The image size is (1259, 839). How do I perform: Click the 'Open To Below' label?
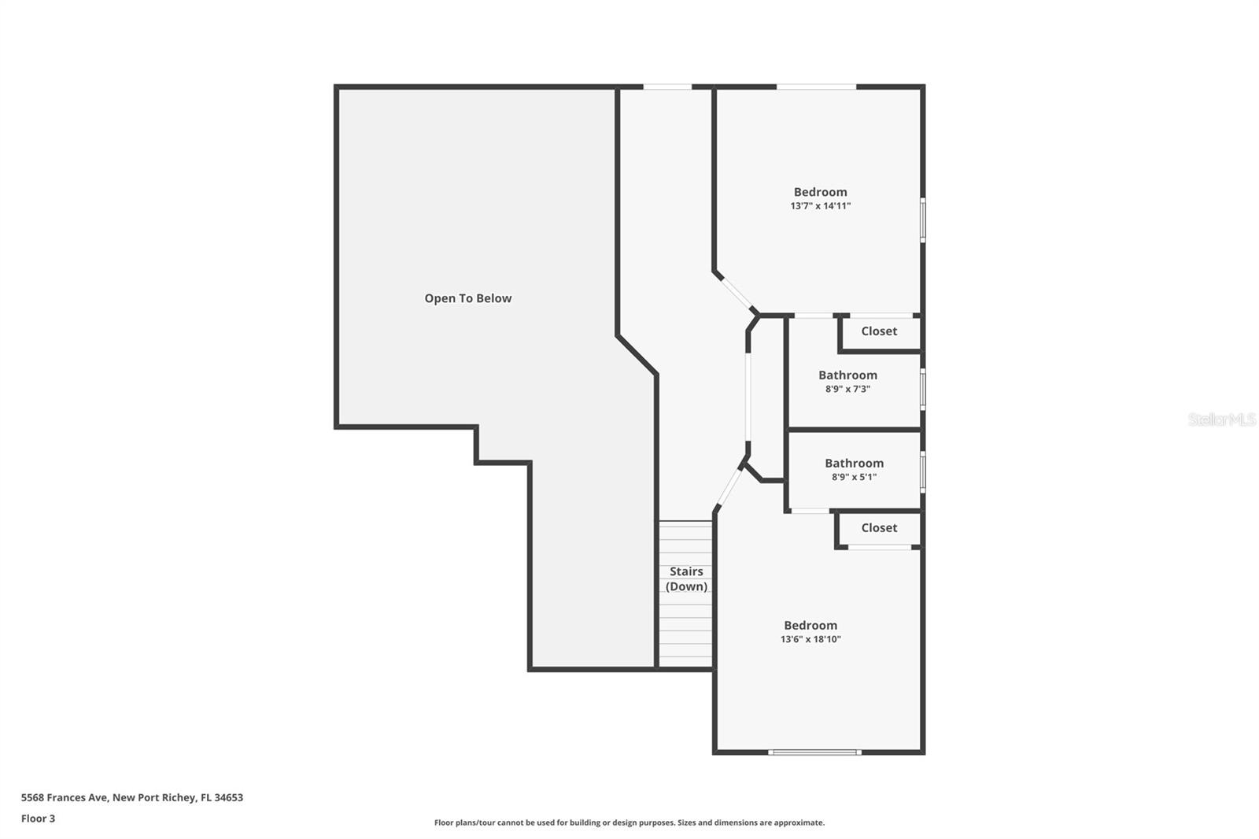tap(468, 298)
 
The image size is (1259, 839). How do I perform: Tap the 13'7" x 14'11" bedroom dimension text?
tap(821, 206)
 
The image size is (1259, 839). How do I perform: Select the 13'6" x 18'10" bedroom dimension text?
tap(810, 640)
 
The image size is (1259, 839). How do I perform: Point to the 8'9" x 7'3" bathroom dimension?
tap(847, 389)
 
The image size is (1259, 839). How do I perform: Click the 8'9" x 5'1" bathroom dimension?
tap(854, 477)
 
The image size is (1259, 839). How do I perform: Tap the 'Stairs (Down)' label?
tap(686, 579)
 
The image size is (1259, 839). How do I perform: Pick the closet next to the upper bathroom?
tap(879, 331)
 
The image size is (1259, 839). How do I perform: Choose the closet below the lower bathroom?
tap(879, 528)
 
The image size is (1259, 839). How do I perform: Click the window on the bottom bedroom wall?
tap(814, 752)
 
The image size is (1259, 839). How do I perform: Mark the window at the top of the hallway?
tap(667, 87)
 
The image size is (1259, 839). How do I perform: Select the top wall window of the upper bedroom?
tap(816, 87)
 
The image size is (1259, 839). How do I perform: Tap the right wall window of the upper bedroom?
tap(922, 219)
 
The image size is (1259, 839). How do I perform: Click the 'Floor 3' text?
tap(38, 819)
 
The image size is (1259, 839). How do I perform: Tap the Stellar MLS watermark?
tap(1221, 419)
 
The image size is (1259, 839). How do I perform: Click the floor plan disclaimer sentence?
tap(629, 822)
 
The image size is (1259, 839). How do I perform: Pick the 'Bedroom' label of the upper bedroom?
tap(821, 192)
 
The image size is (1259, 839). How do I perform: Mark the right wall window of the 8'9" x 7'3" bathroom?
tap(922, 388)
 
